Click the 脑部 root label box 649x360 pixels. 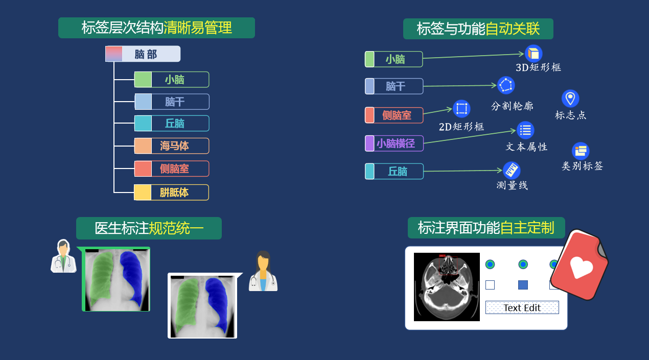pos(143,54)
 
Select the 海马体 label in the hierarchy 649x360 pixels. pos(172,146)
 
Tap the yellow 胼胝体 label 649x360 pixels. pos(172,193)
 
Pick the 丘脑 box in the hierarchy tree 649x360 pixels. pos(172,124)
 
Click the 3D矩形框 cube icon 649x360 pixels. pos(534,53)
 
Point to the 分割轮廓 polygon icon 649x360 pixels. pos(506,85)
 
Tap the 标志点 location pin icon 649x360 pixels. pos(570,98)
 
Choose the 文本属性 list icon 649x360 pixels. pos(525,130)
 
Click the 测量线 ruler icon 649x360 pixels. pos(512,170)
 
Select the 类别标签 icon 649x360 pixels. pos(581,151)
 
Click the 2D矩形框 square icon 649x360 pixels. pos(461,108)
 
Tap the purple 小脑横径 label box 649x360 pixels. pos(395,143)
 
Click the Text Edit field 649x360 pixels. pos(522,307)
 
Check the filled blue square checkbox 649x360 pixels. pos(523,285)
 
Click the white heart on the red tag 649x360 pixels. pos(581,267)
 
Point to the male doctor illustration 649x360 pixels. pos(63,256)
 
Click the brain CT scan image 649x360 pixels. pos(447,286)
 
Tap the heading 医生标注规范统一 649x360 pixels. pos(149,228)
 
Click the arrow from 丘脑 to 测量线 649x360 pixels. pos(462,171)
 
